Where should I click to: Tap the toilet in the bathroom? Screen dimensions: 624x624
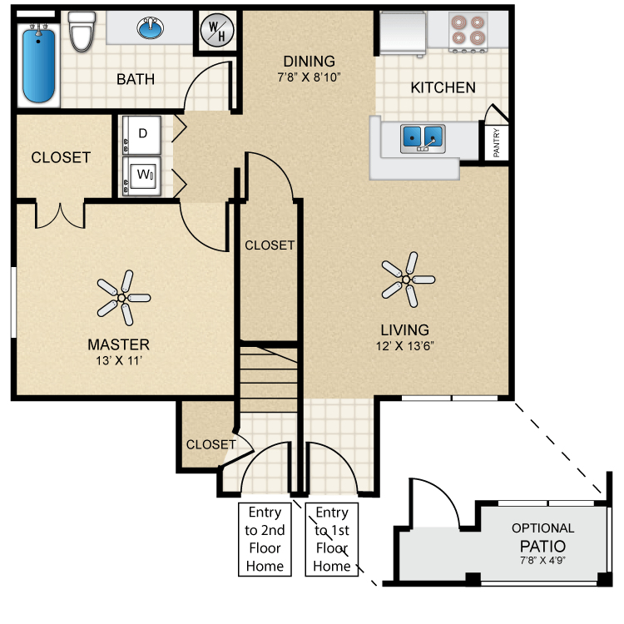pos(82,32)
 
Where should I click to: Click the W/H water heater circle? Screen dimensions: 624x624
pos(217,32)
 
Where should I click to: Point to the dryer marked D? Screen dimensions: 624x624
pos(143,134)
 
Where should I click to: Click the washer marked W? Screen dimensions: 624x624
pos(143,176)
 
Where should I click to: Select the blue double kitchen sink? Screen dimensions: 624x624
pos(423,136)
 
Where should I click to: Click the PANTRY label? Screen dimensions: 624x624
pos(496,141)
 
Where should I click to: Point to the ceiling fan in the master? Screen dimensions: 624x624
pos(121,297)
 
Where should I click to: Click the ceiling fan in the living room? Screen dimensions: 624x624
pos(407,279)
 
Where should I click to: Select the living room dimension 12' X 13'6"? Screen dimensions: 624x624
pos(406,345)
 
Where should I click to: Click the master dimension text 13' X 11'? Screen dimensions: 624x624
pos(118,360)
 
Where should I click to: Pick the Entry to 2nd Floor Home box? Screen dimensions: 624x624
pos(264,539)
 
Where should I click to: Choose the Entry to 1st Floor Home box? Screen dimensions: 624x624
pos(332,539)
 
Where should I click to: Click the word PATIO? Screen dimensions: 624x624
pos(542,546)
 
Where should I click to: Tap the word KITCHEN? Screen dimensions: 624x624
pos(443,87)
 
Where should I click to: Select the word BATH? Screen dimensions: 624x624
pos(135,80)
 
